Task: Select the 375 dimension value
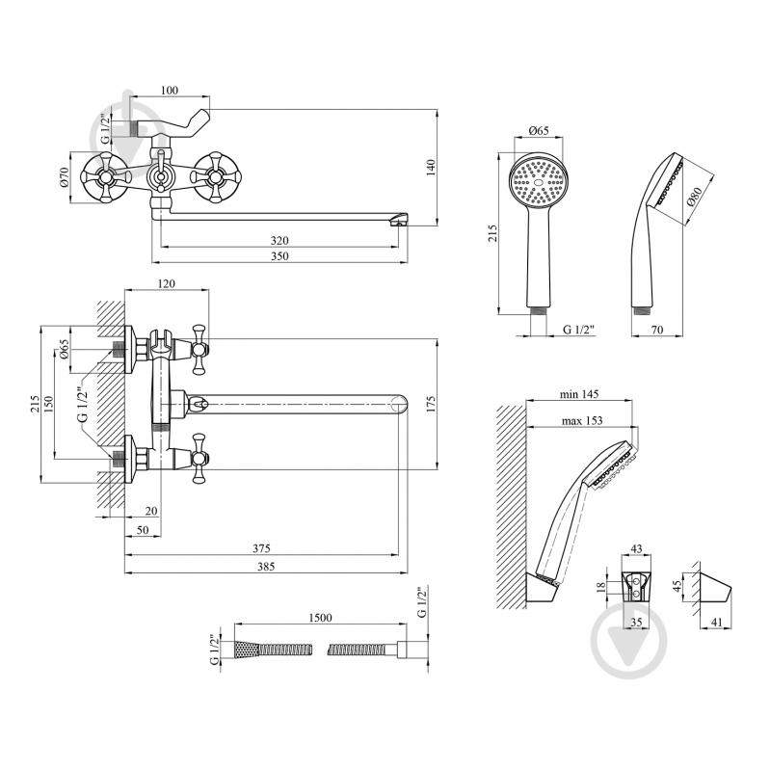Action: click(261, 547)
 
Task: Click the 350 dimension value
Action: click(279, 256)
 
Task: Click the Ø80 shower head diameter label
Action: click(695, 200)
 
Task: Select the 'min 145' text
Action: click(579, 394)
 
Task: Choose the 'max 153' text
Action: click(580, 420)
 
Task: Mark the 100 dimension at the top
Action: click(169, 91)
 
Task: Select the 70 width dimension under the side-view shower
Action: click(656, 330)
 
